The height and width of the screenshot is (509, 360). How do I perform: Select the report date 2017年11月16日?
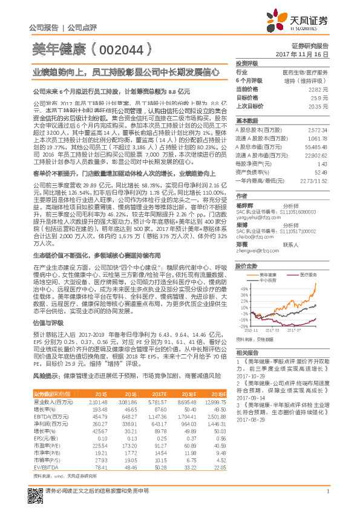pos(309,54)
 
